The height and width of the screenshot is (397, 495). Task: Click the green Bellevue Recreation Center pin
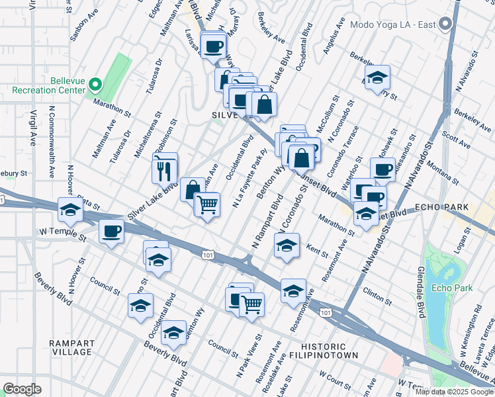[x=95, y=84]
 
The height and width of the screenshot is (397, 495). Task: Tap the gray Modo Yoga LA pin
[x=446, y=24]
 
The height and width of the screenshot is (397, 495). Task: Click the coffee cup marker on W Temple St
[x=111, y=232]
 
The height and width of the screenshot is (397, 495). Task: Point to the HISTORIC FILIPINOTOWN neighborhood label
[x=323, y=351]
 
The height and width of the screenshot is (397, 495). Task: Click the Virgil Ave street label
[x=32, y=130]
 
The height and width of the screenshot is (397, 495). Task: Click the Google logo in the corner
[x=22, y=388]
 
